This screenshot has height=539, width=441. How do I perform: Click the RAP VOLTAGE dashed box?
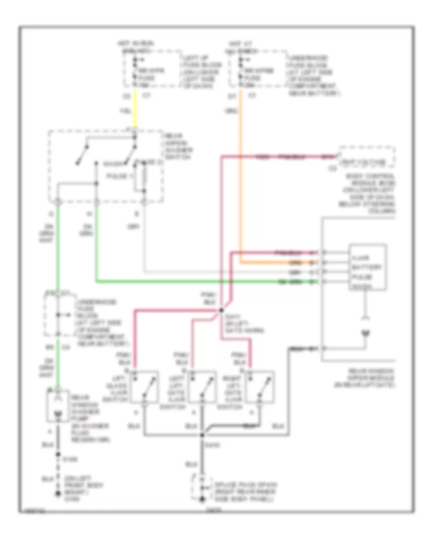367,162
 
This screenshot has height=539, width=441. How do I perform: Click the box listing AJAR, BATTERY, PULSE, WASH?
367,267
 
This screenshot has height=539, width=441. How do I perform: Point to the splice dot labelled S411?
221,310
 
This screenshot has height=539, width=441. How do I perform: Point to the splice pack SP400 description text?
240,491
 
